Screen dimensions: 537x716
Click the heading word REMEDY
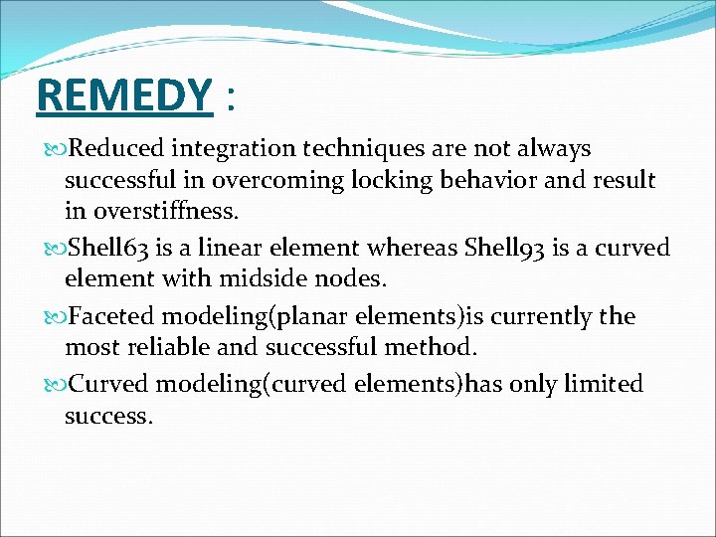[122, 96]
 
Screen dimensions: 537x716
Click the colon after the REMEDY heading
[232, 99]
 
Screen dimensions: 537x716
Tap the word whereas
[412, 249]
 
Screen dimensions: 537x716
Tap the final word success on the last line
[108, 416]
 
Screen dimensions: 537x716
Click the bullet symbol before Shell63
[56, 249]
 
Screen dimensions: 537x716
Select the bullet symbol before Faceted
[56, 317]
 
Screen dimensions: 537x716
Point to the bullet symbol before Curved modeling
[56, 385]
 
